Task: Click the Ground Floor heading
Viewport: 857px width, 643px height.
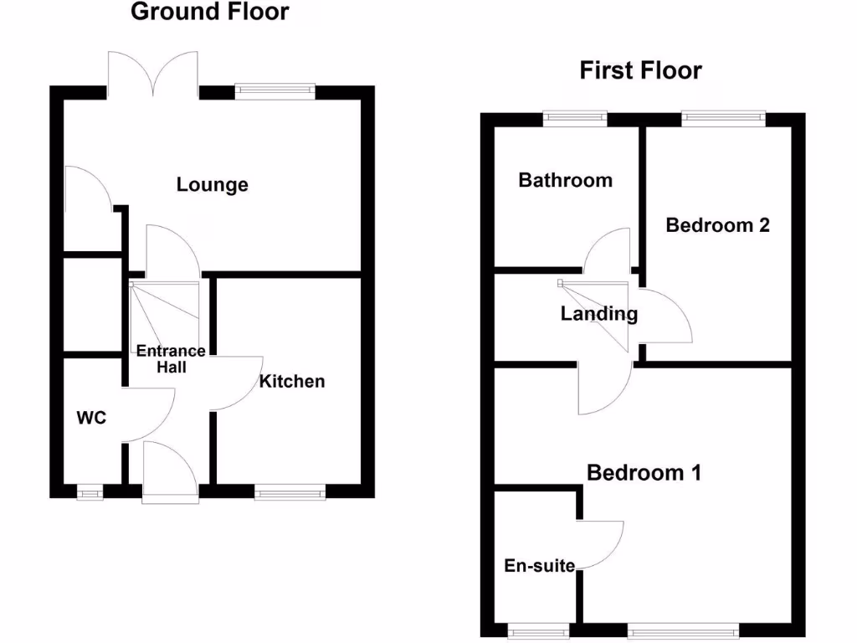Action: [x=210, y=12]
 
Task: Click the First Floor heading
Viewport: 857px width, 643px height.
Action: [x=640, y=70]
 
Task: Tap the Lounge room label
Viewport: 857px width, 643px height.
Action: [x=212, y=184]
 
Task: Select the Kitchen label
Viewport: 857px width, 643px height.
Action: [x=291, y=382]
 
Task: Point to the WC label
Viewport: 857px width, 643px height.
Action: [x=91, y=418]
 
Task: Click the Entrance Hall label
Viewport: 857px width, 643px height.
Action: [x=171, y=358]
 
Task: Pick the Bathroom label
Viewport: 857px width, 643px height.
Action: [x=565, y=180]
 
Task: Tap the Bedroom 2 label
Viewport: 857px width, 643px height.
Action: [x=717, y=224]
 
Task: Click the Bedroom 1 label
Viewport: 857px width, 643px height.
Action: [x=644, y=472]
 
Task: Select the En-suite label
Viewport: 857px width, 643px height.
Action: [x=539, y=565]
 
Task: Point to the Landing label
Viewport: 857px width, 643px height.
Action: [x=598, y=314]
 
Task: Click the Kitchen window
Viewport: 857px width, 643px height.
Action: [x=290, y=493]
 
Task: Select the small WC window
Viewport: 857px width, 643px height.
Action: [x=90, y=492]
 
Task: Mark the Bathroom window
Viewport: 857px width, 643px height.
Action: [x=574, y=118]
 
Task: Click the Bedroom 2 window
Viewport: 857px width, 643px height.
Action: [x=723, y=118]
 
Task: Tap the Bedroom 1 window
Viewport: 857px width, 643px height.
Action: [x=683, y=630]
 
